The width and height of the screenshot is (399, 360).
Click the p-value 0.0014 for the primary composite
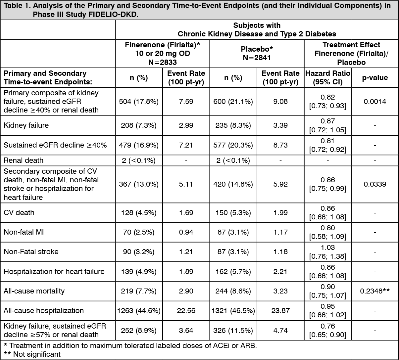pyautogui.click(x=375, y=102)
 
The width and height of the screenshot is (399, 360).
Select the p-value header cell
pyautogui.click(x=375, y=77)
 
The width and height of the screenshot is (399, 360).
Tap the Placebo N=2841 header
pyautogui.click(x=257, y=53)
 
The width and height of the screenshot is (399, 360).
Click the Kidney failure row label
pyautogui.click(x=26, y=125)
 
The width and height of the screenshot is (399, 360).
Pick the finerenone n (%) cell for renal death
pyautogui.click(x=139, y=160)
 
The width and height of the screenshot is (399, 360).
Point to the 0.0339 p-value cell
pyautogui.click(x=375, y=184)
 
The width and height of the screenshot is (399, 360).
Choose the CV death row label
pyautogui.click(x=19, y=212)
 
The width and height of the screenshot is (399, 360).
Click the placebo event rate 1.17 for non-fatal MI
pyautogui.click(x=280, y=232)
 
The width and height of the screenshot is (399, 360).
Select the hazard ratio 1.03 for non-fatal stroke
pyautogui.click(x=328, y=252)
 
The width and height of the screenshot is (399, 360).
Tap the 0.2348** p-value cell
pyautogui.click(x=375, y=291)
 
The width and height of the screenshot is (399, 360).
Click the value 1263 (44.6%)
pyautogui.click(x=139, y=310)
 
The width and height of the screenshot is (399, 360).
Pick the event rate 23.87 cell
pyautogui.click(x=280, y=310)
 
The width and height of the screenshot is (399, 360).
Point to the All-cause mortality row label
pyautogui.click(x=34, y=291)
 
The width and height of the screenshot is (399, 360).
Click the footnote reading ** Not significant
pyautogui.click(x=32, y=354)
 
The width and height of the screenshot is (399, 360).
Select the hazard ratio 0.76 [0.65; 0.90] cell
pyautogui.click(x=328, y=330)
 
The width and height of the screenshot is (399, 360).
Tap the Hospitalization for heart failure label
pyautogui.click(x=54, y=271)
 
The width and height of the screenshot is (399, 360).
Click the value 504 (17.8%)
pyautogui.click(x=139, y=102)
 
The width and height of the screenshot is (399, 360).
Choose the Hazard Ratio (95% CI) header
pyautogui.click(x=328, y=77)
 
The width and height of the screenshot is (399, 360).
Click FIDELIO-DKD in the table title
pyautogui.click(x=112, y=15)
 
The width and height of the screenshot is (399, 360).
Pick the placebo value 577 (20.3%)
pyautogui.click(x=233, y=145)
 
